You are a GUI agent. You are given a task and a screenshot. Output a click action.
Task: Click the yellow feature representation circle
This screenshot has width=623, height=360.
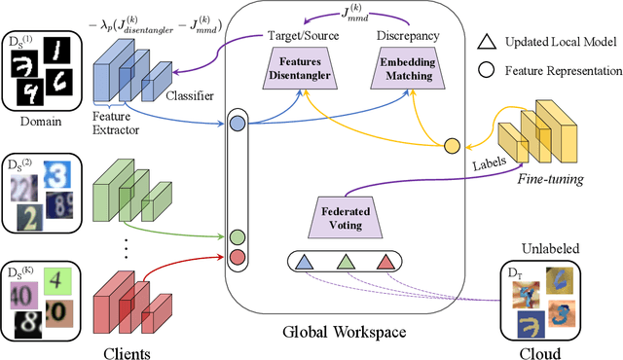(x=451, y=145)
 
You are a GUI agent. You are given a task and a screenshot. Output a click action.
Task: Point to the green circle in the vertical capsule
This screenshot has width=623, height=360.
(x=237, y=235)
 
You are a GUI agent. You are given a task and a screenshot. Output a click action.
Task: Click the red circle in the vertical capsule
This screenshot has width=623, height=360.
(x=237, y=255)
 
